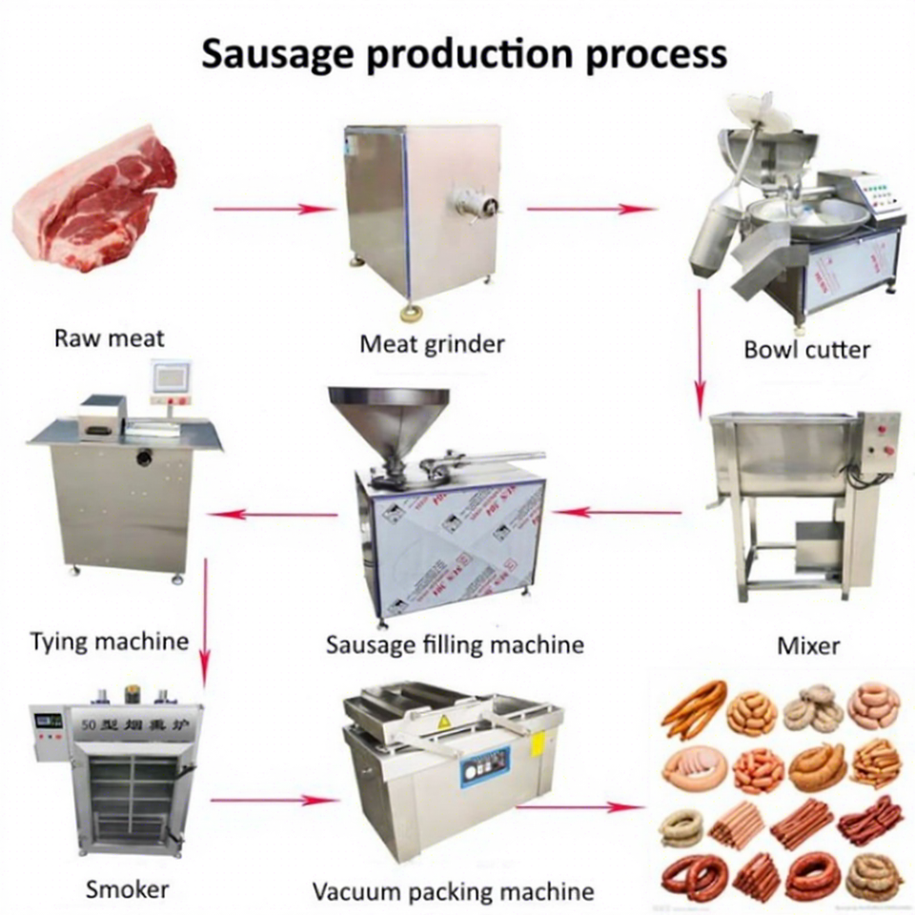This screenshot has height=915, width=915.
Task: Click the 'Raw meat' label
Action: [109, 337]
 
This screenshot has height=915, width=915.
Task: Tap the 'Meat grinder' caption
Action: [432, 343]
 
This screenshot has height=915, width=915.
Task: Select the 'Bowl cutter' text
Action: [806, 349]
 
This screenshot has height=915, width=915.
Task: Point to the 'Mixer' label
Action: [808, 645]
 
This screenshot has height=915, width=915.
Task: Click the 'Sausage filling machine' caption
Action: [455, 644]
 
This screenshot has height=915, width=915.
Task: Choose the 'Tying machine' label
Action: [109, 640]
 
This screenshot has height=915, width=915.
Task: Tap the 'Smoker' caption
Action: [127, 889]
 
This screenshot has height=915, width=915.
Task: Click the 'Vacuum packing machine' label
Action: [453, 892]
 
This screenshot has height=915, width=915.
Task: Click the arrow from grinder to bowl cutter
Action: [591, 209]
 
